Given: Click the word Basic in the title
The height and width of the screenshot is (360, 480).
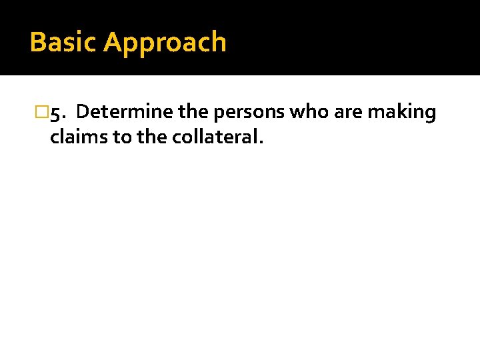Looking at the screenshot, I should pyautogui.click(x=64, y=42).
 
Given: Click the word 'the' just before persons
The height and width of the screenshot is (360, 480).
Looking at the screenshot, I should pyautogui.click(x=194, y=112).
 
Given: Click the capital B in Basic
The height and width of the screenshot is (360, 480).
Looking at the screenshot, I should pyautogui.click(x=37, y=42).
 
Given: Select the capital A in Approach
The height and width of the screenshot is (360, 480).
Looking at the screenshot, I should pyautogui.click(x=113, y=42).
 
